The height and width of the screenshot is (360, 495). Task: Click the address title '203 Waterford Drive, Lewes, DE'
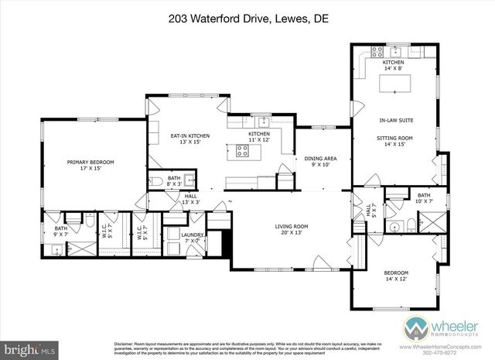coord(247,16)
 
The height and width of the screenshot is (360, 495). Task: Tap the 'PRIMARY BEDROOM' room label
coord(90,162)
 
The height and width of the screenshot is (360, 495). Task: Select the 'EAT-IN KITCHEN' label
coord(189,136)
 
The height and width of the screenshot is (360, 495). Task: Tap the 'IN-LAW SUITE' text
coord(394,121)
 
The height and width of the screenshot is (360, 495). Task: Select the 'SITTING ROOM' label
coord(394,138)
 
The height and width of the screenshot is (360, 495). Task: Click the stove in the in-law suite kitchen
coord(378,53)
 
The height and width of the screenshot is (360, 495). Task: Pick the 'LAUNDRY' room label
coord(192,235)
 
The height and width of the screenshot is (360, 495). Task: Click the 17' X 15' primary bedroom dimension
coord(90,169)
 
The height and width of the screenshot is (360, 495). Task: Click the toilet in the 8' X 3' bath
coord(158,182)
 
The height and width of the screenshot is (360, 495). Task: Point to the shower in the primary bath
coord(81,250)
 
